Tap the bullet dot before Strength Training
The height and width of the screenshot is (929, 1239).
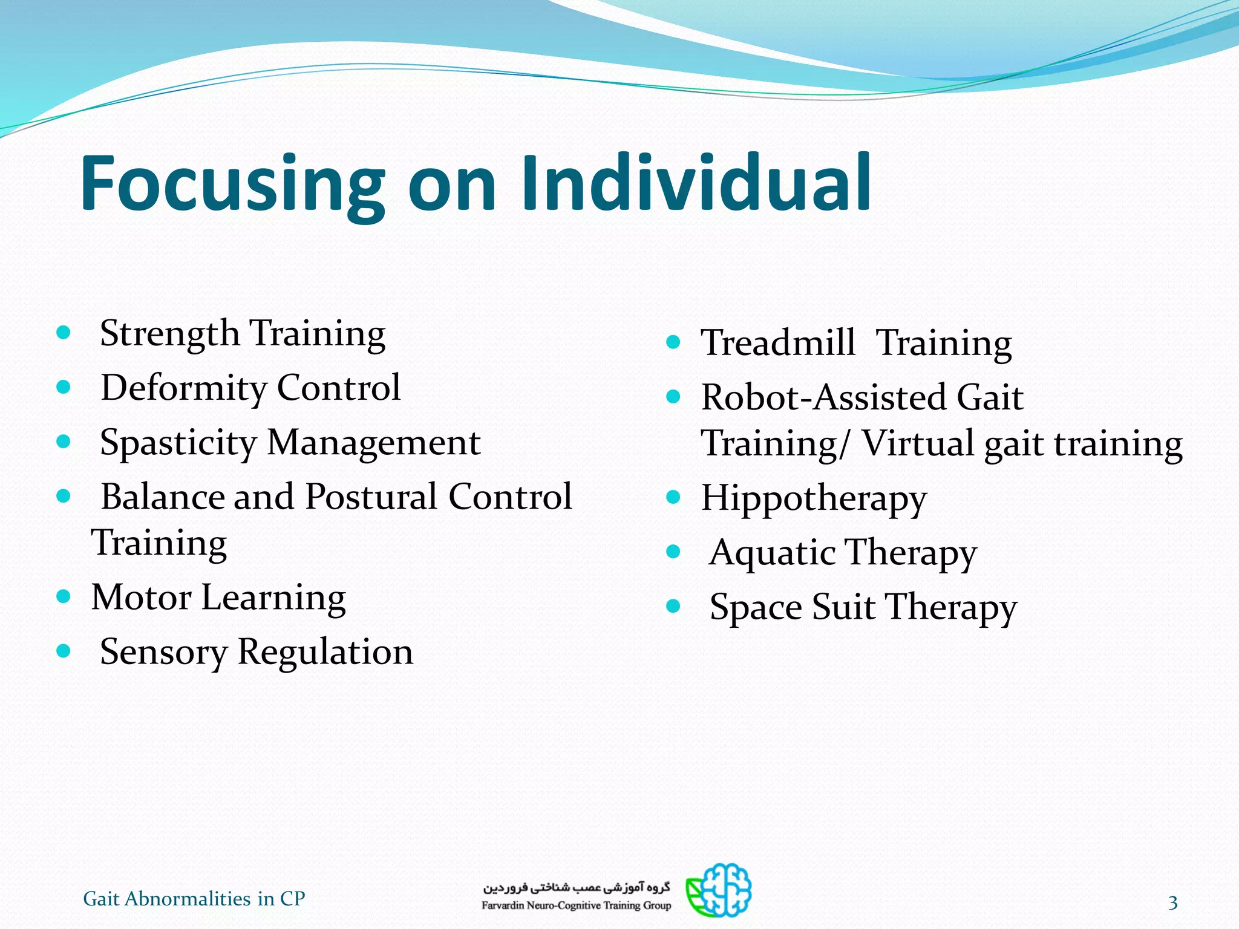tap(64, 332)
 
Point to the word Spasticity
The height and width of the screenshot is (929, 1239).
tap(178, 443)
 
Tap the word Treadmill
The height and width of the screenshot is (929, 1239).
tap(778, 343)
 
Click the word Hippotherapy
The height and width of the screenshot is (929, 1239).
tap(813, 500)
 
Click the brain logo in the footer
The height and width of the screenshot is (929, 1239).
tap(719, 890)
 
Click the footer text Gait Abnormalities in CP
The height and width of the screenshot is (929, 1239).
tap(194, 899)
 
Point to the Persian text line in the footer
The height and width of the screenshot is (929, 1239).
tap(576, 887)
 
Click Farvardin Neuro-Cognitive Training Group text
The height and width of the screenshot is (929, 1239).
tap(576, 905)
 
